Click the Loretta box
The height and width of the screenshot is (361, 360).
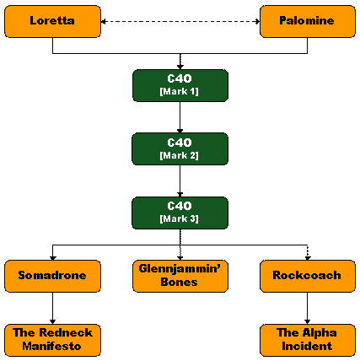click(52, 21)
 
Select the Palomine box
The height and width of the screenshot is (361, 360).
click(308, 21)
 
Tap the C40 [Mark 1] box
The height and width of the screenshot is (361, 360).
click(180, 85)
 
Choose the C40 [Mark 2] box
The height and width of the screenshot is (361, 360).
click(180, 148)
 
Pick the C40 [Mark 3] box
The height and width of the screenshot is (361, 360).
click(180, 213)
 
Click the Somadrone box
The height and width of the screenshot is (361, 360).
click(52, 276)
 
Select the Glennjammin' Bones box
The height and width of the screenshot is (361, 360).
click(180, 276)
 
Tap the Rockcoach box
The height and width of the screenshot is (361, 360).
click(308, 276)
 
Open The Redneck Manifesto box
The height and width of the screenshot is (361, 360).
click(52, 340)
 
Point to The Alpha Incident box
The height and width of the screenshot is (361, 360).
click(308, 340)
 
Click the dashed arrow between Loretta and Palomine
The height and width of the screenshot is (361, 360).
click(180, 21)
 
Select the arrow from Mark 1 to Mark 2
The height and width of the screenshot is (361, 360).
click(180, 117)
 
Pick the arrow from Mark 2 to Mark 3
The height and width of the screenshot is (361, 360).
click(180, 180)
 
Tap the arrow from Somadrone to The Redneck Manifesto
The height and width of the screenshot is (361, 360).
click(52, 308)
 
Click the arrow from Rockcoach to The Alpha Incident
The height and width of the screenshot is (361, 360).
click(308, 308)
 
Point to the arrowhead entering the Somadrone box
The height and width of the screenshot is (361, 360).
click(52, 258)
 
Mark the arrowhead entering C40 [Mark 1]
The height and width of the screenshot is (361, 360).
click(180, 67)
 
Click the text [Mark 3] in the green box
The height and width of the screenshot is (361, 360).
click(180, 218)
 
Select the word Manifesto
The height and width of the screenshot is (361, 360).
click(51, 346)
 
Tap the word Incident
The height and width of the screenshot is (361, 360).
click(307, 346)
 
